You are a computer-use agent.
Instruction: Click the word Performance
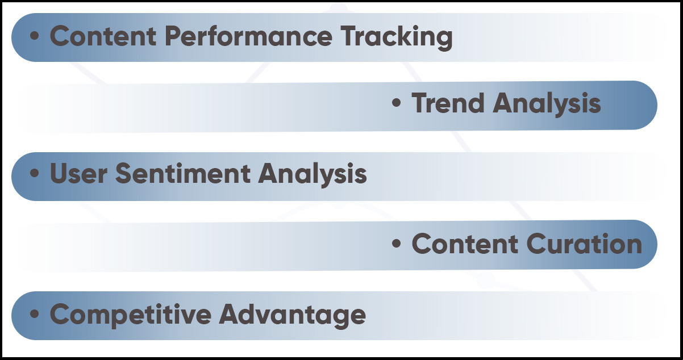point(248,36)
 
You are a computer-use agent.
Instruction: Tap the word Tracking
point(397,38)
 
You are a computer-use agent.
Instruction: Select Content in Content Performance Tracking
point(103,36)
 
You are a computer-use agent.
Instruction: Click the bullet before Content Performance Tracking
point(35,36)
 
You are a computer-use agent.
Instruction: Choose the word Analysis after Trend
point(547,105)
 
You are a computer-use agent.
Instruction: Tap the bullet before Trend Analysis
point(396,103)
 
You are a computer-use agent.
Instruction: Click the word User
point(78,173)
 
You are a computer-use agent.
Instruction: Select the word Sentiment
point(183,173)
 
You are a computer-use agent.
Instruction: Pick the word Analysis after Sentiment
point(313,175)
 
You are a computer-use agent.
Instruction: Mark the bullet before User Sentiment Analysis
point(35,173)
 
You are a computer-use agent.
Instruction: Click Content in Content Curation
point(465,243)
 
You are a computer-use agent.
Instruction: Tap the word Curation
point(585,243)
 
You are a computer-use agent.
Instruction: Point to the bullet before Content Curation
point(396,243)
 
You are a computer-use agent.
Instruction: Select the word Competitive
point(131,315)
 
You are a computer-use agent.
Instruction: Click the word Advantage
point(293,315)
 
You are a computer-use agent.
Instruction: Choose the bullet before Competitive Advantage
point(35,313)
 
